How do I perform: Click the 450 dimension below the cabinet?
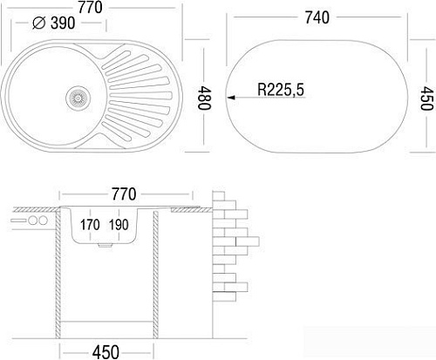click(109, 352)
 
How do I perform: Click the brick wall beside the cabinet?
click(232, 244)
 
